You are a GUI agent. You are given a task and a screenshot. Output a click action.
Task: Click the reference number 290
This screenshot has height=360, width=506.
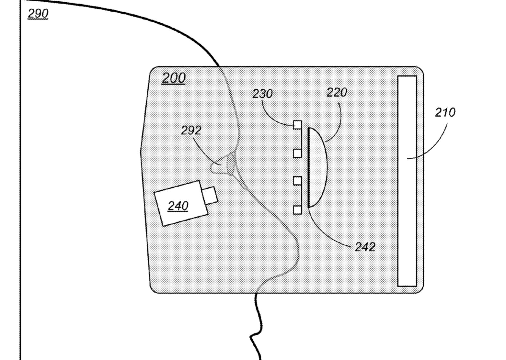coord(38,14)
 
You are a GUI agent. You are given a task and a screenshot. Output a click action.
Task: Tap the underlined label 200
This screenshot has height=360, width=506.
coord(173,78)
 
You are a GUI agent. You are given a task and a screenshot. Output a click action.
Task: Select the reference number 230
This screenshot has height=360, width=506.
coord(262,94)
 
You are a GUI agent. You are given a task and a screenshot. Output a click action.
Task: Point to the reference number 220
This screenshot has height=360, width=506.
coord(337,93)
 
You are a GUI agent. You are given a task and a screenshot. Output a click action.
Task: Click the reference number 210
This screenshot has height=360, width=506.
coord(445,112)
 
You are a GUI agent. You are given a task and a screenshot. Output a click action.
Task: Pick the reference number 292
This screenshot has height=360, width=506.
coord(191,130)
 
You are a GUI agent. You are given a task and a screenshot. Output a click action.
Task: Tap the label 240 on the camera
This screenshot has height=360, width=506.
coord(178,206)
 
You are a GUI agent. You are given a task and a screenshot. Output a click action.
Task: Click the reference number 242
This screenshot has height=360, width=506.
coord(365,247)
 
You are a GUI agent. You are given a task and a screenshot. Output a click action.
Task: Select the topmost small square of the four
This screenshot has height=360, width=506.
coord(297,125)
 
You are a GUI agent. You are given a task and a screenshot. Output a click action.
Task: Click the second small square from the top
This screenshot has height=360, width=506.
coord(297,153)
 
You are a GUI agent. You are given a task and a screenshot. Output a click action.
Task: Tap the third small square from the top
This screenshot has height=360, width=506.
coord(297,181)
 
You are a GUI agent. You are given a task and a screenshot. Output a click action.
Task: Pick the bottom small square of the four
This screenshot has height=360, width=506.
coord(297,210)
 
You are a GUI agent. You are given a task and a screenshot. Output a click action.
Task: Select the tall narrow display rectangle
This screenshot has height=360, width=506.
coord(407,181)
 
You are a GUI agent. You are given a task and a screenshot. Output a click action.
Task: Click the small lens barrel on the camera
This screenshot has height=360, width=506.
coord(210,196)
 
